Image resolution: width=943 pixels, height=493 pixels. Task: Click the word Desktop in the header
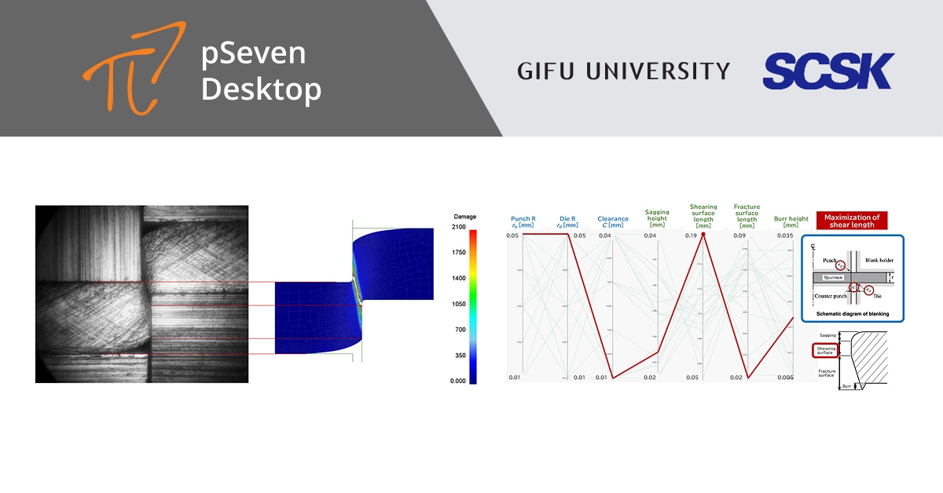coord(261,89)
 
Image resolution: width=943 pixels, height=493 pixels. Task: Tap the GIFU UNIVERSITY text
coord(623,71)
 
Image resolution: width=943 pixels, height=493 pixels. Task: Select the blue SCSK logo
coord(828,71)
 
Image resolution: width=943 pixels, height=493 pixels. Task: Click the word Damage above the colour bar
coord(465,216)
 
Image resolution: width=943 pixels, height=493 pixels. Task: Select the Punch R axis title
coord(523,222)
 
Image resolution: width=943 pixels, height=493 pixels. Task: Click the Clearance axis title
coord(613,222)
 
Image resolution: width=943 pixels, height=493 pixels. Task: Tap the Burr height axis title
coord(791,222)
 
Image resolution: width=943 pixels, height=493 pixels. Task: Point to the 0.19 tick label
coord(691,236)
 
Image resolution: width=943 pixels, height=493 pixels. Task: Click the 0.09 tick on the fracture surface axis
coord(739,236)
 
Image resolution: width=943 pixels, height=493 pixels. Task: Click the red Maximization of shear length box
coord(852,221)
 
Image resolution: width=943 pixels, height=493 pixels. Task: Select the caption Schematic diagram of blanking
coord(852,313)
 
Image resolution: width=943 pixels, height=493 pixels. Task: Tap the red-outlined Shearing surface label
coord(826,351)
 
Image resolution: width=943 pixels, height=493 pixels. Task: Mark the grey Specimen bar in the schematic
coord(833,277)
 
